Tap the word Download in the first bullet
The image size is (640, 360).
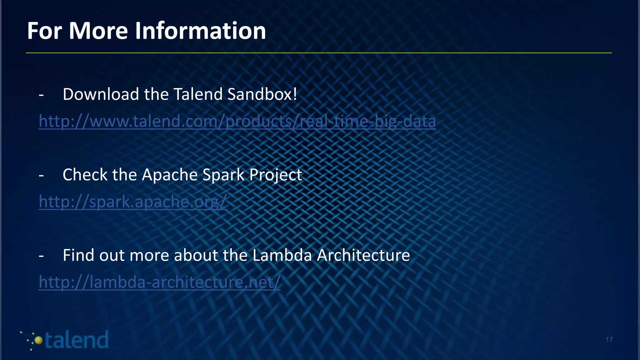click(101, 94)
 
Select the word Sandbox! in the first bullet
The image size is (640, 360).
click(262, 94)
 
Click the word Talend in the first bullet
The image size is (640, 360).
click(198, 94)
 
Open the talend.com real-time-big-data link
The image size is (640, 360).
click(237, 121)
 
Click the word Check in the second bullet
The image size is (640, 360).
click(84, 174)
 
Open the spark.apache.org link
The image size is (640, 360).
click(132, 202)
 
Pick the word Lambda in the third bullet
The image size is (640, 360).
click(282, 255)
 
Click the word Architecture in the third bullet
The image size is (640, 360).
click(363, 255)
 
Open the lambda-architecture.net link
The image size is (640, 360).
click(159, 282)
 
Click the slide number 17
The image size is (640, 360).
click(609, 340)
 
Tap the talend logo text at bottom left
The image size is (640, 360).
click(77, 340)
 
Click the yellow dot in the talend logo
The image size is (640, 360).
click(38, 340)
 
